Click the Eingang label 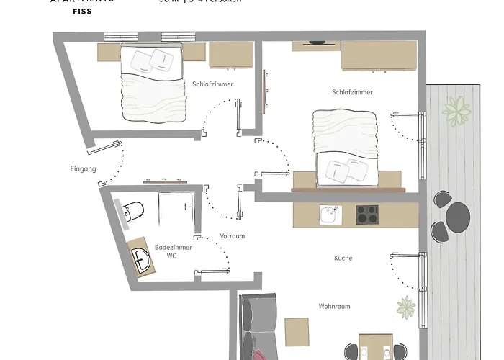pos(84,170)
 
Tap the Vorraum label pos(233,235)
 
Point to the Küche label pos(343,258)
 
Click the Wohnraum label pos(334,306)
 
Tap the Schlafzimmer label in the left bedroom pos(212,84)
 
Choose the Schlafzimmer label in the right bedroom pos(352,92)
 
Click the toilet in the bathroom pos(134,210)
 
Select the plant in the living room pos(405,307)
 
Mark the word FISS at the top pos(81,12)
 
